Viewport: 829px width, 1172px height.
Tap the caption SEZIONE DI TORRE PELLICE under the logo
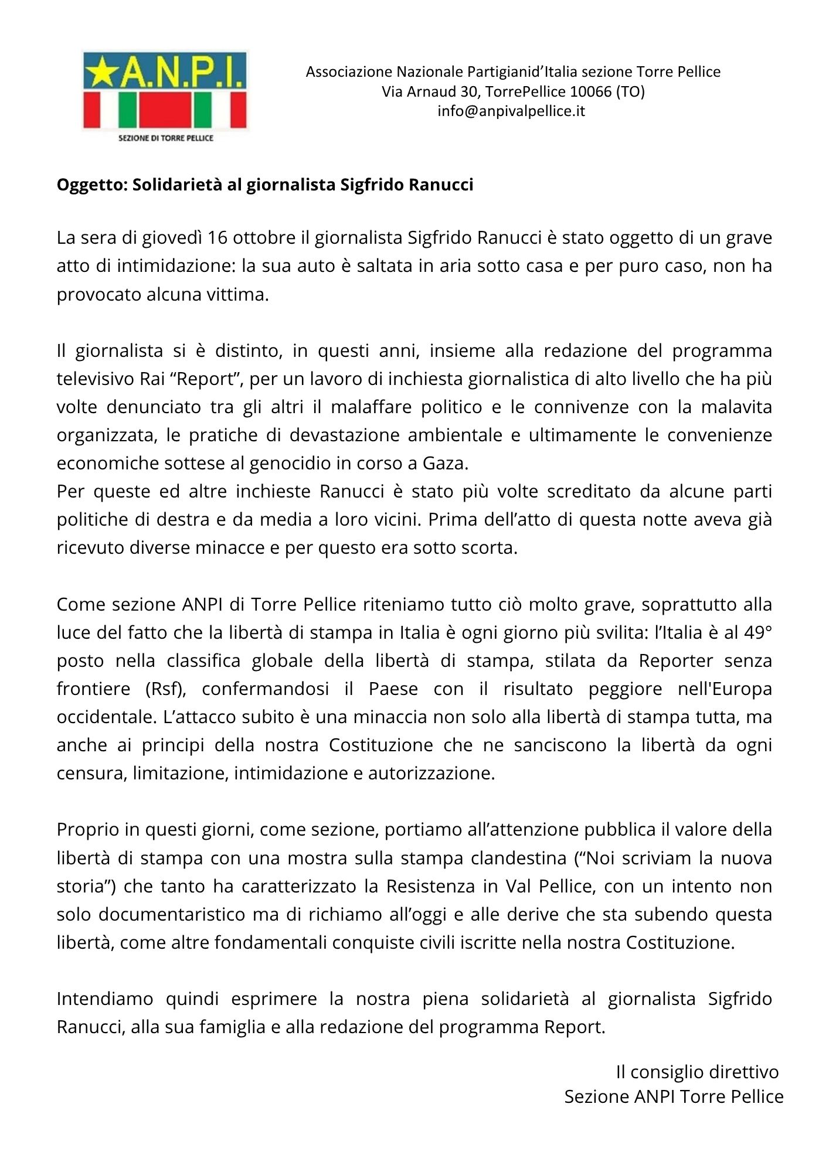pyautogui.click(x=166, y=138)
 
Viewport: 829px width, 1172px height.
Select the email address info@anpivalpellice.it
pyautogui.click(x=511, y=111)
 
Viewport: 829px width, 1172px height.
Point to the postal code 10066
pyautogui.click(x=590, y=91)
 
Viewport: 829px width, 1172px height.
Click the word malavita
pyautogui.click(x=736, y=407)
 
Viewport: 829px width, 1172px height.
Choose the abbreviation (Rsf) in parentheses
pyautogui.click(x=165, y=689)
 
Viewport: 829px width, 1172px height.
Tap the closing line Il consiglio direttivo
pyautogui.click(x=697, y=1072)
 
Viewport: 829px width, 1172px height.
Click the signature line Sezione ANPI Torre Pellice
pyautogui.click(x=674, y=1097)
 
